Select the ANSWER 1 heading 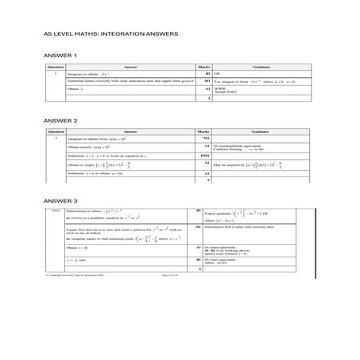click(61, 55)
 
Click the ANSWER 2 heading click(61, 120)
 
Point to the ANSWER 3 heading click(61, 200)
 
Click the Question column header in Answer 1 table click(55, 68)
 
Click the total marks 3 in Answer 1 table click(207, 99)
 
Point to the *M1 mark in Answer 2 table click(206, 138)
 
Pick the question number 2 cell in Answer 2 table click(55, 138)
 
